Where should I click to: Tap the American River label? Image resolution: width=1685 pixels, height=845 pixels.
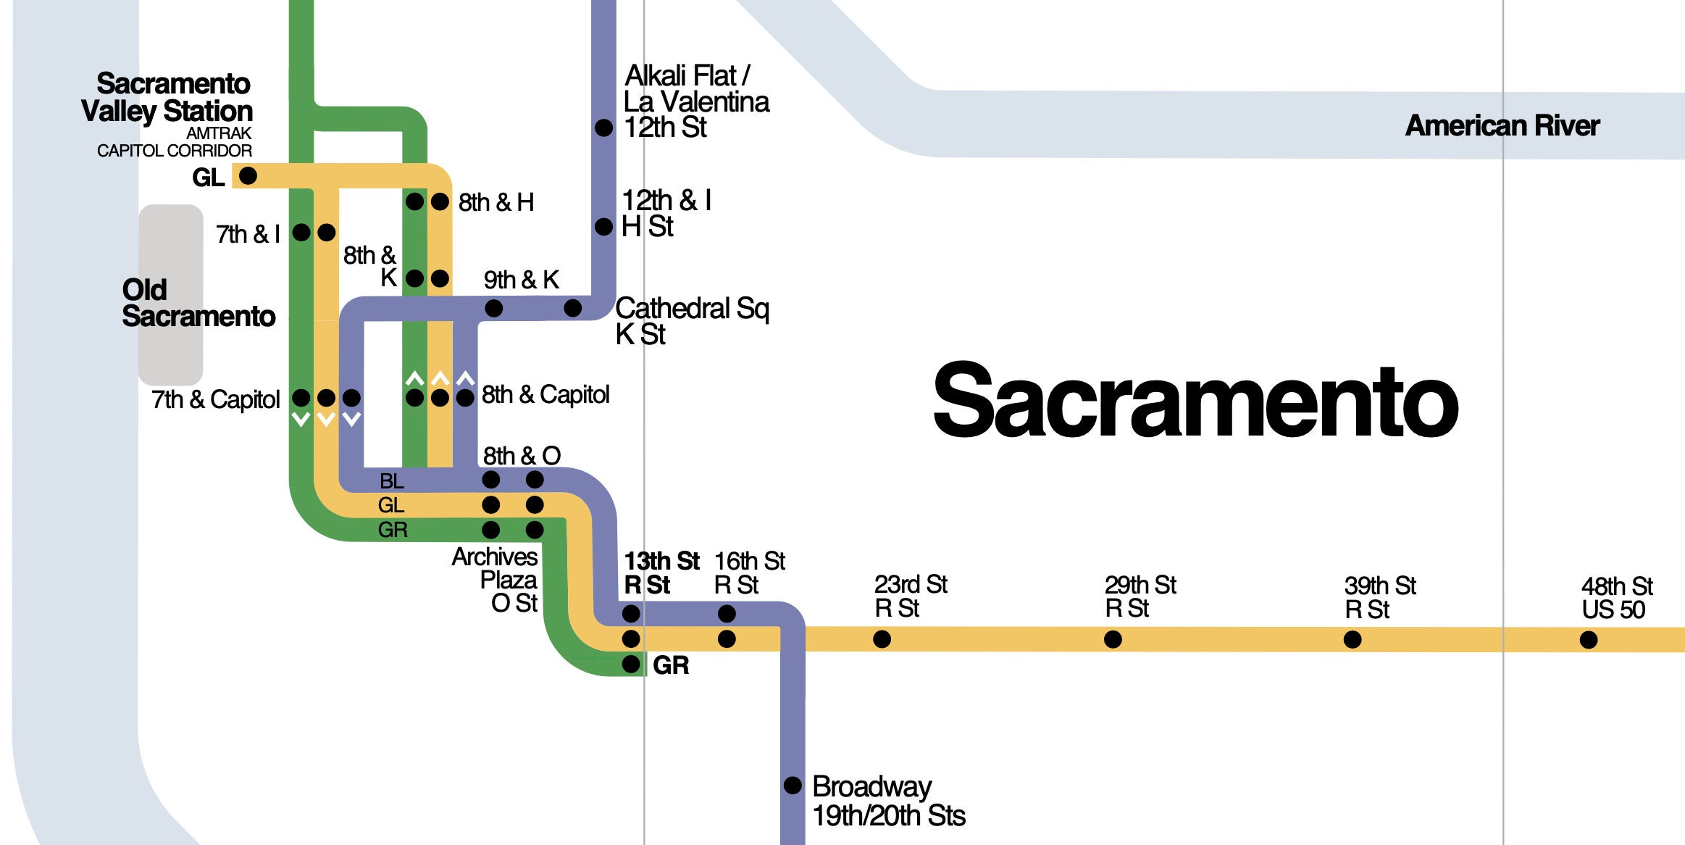tap(1502, 126)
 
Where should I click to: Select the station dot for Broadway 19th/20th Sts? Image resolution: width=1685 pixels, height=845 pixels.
tap(793, 785)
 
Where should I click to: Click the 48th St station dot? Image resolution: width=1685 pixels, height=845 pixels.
tap(1588, 640)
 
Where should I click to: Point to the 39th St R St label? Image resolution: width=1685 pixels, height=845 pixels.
tap(1379, 597)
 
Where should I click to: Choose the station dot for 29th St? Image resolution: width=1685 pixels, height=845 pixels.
tap(1113, 639)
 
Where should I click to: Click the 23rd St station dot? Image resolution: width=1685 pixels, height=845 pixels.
tap(882, 639)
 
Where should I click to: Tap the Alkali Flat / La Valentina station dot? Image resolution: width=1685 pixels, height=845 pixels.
tap(603, 128)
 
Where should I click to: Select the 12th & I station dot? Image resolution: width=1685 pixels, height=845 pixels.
tap(603, 227)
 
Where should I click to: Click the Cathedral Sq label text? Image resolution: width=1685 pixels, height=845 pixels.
tap(691, 309)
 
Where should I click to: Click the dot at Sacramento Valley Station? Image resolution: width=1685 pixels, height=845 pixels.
tap(248, 175)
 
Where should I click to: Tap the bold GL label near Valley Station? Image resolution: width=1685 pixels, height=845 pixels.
tap(208, 178)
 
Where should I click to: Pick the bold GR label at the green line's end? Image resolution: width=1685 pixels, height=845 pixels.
tap(670, 665)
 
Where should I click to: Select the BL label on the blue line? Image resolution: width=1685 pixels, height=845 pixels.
tap(391, 480)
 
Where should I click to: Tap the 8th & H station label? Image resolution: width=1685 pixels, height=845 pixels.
tap(496, 202)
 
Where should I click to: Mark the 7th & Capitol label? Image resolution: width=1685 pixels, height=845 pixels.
tap(215, 399)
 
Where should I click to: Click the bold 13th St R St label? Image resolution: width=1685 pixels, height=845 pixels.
tap(660, 573)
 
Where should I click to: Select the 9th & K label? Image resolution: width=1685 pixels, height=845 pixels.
tap(521, 280)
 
